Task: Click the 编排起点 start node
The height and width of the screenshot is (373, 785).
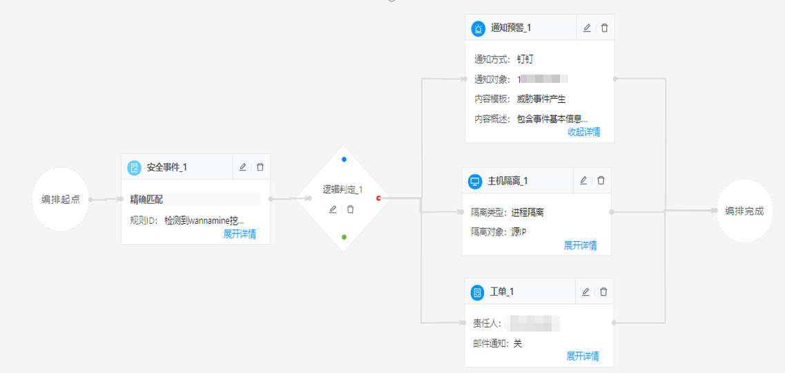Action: click(x=61, y=200)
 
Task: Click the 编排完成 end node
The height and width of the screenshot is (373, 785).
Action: click(x=744, y=211)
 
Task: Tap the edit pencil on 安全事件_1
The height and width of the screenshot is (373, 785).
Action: click(x=242, y=167)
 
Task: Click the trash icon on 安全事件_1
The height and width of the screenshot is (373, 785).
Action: click(x=260, y=167)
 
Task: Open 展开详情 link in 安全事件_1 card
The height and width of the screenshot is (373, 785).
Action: click(x=240, y=234)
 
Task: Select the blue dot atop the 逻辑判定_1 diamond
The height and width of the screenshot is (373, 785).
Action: click(x=344, y=160)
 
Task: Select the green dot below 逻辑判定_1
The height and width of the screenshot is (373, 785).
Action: click(x=344, y=237)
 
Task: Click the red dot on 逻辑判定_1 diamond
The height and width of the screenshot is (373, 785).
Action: click(x=379, y=199)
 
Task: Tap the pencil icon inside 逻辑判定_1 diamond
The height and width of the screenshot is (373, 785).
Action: click(x=333, y=209)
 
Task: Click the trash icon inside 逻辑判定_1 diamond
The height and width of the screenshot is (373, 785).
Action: click(x=351, y=209)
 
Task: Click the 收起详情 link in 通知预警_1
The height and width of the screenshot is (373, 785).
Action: click(x=583, y=132)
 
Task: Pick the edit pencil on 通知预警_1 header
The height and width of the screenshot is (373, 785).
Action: click(x=587, y=28)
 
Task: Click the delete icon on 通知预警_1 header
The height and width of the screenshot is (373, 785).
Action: click(x=605, y=28)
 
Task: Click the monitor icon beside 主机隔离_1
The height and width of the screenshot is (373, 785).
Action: click(x=475, y=182)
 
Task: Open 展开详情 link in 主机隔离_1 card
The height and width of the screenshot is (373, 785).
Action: click(x=581, y=245)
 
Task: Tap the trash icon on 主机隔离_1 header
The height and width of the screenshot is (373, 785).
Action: click(x=601, y=180)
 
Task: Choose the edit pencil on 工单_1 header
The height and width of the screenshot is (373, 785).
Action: click(x=585, y=292)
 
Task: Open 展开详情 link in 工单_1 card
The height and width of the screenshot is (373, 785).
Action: click(x=583, y=356)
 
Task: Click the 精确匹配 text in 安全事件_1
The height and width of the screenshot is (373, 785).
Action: click(x=146, y=200)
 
